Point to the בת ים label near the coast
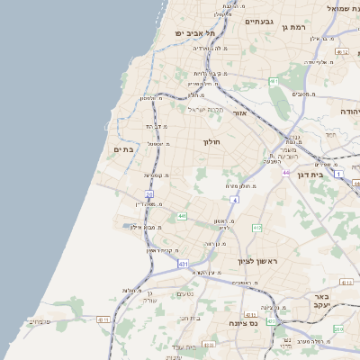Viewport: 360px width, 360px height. point(123,150)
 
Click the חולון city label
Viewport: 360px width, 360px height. point(212,141)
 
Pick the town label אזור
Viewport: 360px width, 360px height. point(239,113)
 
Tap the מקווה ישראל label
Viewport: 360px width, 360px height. point(205,109)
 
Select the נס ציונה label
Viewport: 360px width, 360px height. point(243,322)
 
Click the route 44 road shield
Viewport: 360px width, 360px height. point(286,172)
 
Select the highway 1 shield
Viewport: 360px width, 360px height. point(338,173)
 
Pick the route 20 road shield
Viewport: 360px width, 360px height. point(149,193)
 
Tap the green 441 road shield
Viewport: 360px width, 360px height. point(182,216)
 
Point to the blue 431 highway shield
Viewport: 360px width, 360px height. point(183,264)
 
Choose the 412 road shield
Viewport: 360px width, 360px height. point(257,228)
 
